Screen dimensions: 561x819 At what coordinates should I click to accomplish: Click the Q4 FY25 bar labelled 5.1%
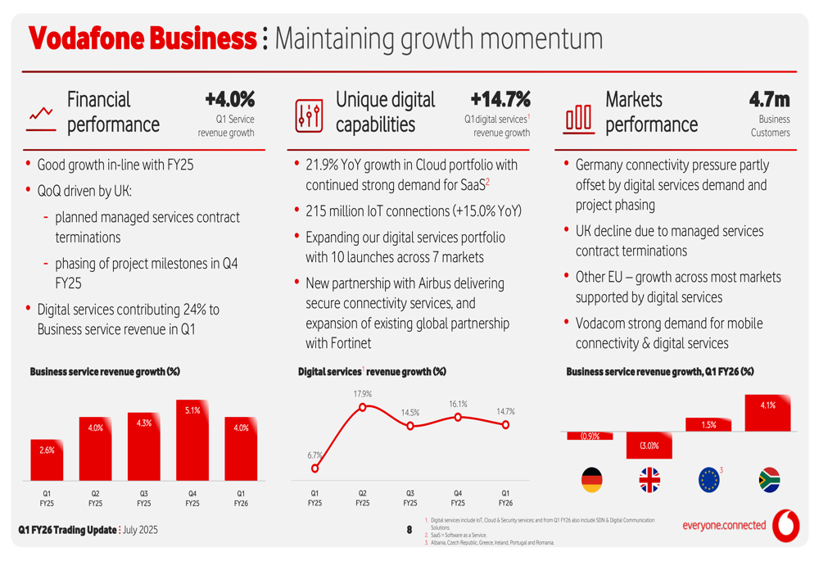[192, 440]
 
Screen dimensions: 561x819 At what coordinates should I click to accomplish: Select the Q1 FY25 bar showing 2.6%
[47, 459]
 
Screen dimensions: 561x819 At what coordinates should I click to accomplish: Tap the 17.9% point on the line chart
[363, 405]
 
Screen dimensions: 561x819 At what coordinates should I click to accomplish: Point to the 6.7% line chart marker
[315, 468]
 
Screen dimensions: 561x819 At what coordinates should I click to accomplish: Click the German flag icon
[590, 479]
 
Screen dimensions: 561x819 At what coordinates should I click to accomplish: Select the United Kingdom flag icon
[649, 479]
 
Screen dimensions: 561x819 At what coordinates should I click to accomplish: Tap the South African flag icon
[768, 479]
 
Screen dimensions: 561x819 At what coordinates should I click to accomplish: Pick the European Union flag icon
[708, 479]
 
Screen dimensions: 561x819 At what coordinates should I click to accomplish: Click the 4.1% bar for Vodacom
[767, 413]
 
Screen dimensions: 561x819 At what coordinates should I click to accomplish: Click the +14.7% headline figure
[500, 100]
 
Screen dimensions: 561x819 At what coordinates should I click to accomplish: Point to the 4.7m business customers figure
[769, 100]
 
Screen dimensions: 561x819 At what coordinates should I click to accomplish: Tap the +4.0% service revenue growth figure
[229, 100]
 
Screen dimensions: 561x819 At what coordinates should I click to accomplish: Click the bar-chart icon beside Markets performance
[578, 117]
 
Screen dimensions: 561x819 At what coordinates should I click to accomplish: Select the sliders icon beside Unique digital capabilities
[309, 116]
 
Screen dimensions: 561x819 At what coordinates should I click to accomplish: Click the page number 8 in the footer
[409, 531]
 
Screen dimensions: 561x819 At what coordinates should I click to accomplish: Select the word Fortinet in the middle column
[348, 342]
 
